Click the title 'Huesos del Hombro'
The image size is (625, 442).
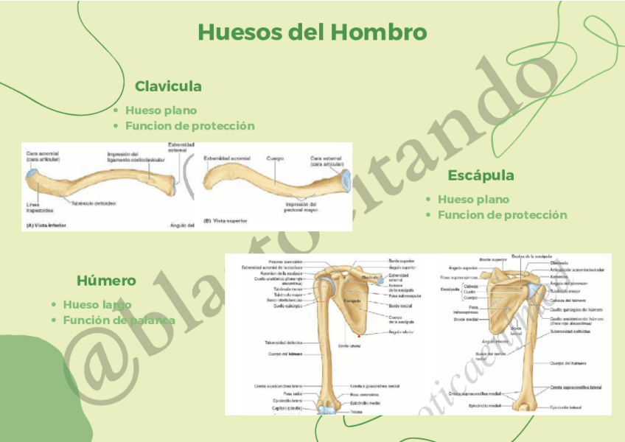pos(312,32)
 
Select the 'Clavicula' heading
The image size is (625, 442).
pos(168,86)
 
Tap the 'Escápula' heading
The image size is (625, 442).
pos(481,175)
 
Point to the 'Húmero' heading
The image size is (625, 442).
pos(106,281)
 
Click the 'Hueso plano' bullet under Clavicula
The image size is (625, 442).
pos(161,110)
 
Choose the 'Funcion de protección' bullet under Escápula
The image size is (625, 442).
pos(502,215)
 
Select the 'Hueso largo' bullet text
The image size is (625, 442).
pos(97,304)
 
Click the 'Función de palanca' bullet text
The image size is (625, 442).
pos(119,320)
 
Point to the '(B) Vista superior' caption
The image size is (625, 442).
pos(226,220)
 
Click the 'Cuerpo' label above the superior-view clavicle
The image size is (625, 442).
pos(275,158)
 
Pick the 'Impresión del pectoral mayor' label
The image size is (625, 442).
pos(301,207)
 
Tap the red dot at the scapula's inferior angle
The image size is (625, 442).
pos(359,336)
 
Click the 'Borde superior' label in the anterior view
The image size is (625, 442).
pos(402,261)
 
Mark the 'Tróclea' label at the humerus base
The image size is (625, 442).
pos(356,412)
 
